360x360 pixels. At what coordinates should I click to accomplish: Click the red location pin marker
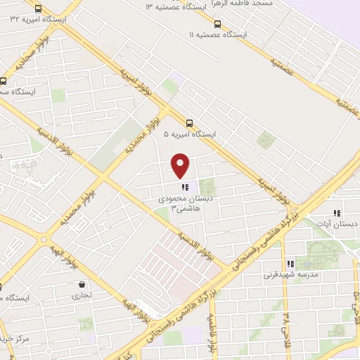coord(181,165)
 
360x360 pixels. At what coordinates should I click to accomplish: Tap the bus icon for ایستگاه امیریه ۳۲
coord(37,9)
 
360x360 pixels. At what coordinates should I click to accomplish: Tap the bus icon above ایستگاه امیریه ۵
coord(189,122)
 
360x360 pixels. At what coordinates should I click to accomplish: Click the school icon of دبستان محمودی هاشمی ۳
coord(186,187)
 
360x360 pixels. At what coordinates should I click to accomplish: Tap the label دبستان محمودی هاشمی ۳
coord(182,204)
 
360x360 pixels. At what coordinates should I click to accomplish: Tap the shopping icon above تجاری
coord(83,285)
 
